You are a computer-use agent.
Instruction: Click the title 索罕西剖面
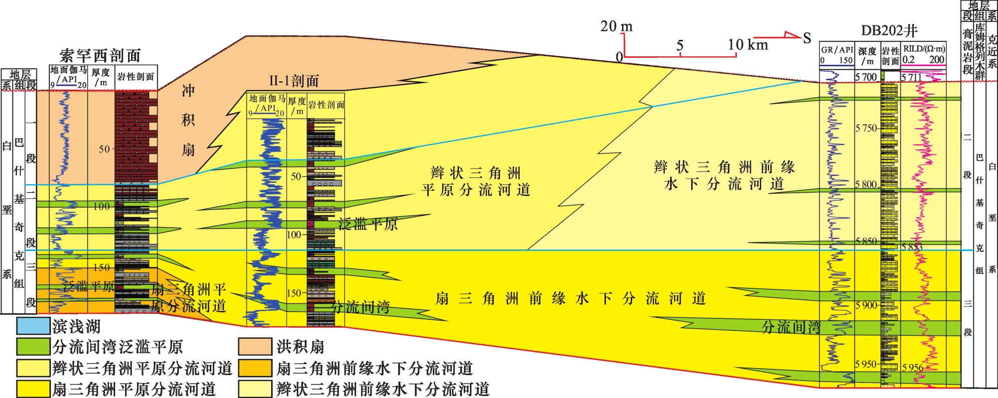(x=100, y=55)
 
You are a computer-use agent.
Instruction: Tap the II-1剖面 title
(x=294, y=81)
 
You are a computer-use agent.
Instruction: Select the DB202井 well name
(x=889, y=31)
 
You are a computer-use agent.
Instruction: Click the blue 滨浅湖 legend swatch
(x=33, y=326)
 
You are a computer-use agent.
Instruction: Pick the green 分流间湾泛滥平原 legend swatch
(x=33, y=347)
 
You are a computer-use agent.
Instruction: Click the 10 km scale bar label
(x=747, y=45)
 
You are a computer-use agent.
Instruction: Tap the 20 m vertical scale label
(x=616, y=26)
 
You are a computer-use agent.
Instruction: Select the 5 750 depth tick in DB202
(x=866, y=128)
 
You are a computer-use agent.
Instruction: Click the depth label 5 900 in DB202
(x=866, y=305)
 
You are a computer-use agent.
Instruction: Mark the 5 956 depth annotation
(x=912, y=368)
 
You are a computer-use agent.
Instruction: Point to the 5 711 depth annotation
(x=911, y=77)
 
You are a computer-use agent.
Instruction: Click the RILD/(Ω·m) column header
(x=923, y=49)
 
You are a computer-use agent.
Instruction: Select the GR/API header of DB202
(x=837, y=50)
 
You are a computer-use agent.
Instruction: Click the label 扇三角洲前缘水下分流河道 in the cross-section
(x=570, y=298)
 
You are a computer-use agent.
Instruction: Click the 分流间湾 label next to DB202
(x=791, y=327)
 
